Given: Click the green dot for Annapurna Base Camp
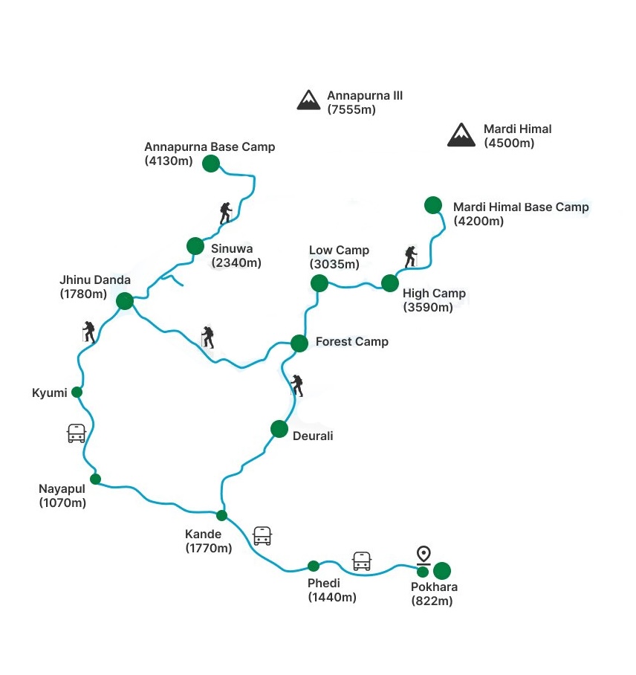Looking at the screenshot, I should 211,164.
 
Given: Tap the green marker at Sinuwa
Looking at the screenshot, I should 195,246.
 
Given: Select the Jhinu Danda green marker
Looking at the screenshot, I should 125,301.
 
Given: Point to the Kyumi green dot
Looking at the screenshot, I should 77,392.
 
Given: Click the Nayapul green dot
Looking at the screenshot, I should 95,479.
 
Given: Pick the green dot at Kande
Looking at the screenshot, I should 221,515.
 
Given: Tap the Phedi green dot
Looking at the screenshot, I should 314,566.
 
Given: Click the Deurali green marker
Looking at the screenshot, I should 279,429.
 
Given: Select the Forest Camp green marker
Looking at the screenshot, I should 299,343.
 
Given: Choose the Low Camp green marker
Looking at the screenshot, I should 319,282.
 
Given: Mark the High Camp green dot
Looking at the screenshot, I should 390,282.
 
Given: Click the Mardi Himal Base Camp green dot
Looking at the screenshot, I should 432,204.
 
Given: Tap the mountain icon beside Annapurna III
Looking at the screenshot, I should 308,100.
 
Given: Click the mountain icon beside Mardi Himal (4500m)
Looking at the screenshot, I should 461,135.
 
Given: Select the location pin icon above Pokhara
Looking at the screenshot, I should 424,555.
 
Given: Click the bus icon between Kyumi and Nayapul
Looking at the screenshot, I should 77,433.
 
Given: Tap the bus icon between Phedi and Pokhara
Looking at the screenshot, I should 362,561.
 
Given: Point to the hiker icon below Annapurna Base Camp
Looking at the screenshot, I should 225,213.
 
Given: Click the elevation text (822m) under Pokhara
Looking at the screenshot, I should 432,601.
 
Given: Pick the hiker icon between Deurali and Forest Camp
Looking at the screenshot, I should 297,385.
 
